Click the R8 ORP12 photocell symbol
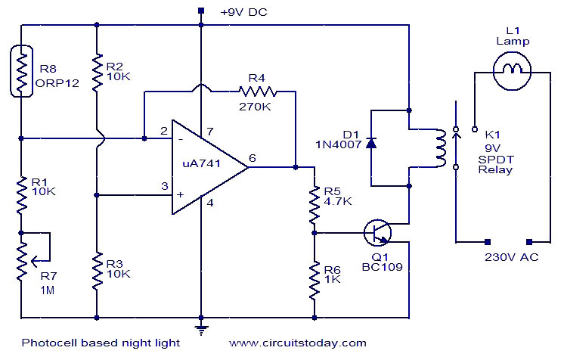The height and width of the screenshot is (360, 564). click(21, 71)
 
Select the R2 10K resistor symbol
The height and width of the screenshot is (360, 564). click(97, 72)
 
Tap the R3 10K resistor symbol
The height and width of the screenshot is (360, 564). click(97, 271)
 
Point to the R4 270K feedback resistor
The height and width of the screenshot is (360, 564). click(258, 92)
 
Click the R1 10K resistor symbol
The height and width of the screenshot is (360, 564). click(21, 194)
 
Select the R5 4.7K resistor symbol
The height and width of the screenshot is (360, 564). click(315, 204)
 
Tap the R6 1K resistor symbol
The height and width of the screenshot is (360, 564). click(315, 281)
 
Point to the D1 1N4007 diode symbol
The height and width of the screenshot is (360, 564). click(371, 143)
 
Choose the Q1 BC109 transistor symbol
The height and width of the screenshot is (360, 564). click(377, 232)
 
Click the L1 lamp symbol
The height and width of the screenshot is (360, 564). click(512, 70)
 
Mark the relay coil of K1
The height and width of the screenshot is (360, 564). click(440, 148)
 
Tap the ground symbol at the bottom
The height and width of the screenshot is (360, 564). click(201, 329)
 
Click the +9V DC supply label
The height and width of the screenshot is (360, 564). click(244, 12)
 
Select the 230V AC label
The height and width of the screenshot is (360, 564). click(512, 257)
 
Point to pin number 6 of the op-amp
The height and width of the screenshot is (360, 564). click(253, 157)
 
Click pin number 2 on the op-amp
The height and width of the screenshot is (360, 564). click(164, 130)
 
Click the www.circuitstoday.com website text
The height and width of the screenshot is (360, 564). click(298, 343)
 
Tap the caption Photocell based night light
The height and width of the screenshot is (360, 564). click(101, 343)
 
